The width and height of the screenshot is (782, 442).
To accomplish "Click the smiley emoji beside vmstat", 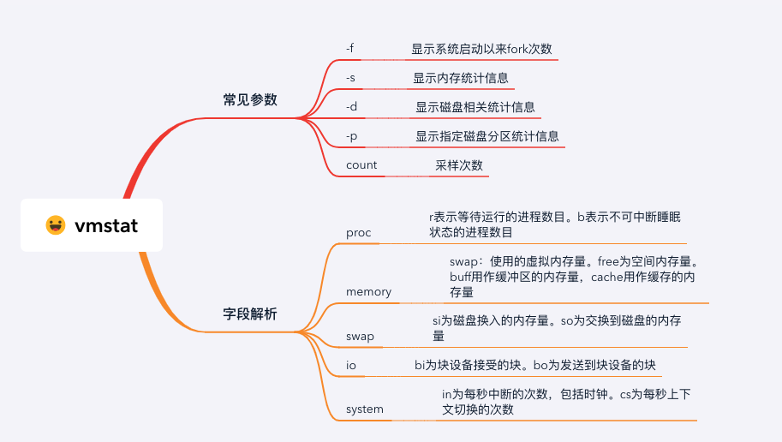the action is coord(56,225).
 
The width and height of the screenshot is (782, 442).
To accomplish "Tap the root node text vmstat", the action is coord(106,226).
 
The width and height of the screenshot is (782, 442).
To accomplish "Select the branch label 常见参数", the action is coord(250,99).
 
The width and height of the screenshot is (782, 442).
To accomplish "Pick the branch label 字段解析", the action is coord(250,314).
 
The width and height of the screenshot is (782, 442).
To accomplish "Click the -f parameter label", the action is coord(349,48).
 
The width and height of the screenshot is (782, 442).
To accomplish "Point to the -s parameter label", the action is coord(350,78).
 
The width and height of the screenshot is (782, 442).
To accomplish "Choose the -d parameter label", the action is coord(351,107).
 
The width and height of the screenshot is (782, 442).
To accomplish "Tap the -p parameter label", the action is coord(351,136).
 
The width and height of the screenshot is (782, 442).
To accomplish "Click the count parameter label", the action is coord(361,165).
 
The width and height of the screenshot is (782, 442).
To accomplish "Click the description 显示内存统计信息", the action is coord(461,78).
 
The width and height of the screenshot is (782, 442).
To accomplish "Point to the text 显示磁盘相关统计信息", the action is coord(475,107).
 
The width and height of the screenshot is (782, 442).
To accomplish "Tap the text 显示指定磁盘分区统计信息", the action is coord(487,136).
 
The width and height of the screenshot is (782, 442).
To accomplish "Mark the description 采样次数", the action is coord(459,165).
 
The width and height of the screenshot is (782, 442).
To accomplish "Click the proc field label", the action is coord(359,233).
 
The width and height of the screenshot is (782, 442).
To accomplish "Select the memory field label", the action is coord(368,292).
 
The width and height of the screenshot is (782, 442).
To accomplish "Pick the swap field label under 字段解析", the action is coord(360,337).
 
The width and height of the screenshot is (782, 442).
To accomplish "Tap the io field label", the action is coord(351,366).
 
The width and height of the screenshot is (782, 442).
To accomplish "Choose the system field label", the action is coord(365,409).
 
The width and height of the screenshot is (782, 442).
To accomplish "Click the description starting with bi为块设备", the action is coord(535,366).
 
